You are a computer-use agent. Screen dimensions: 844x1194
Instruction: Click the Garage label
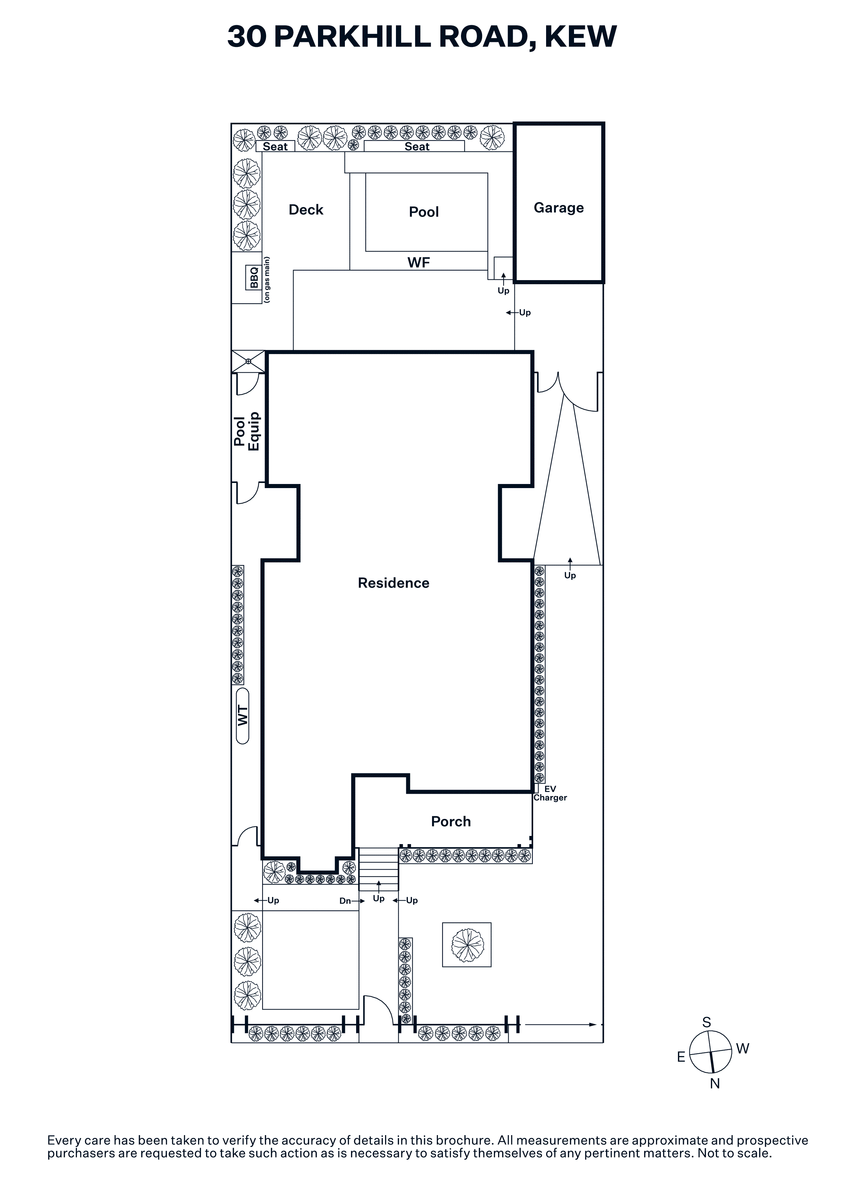click(558, 208)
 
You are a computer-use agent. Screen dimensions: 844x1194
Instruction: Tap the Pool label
click(424, 212)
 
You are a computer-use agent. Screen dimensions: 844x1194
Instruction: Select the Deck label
click(306, 210)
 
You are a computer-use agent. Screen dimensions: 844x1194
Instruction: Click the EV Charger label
click(550, 793)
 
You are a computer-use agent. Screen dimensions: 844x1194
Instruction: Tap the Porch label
click(451, 822)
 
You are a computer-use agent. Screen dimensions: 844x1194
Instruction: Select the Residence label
click(394, 583)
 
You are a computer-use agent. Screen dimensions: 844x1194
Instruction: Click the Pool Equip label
click(246, 431)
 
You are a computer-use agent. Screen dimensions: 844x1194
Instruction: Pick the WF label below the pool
click(419, 263)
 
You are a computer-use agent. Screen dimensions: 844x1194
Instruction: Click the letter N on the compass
click(715, 1084)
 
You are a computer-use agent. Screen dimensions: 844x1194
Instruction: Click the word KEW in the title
click(580, 36)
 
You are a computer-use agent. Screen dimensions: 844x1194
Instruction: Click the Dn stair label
click(345, 901)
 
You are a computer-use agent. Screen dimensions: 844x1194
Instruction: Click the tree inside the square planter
click(467, 945)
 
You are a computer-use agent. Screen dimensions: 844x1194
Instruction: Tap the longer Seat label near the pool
click(417, 147)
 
